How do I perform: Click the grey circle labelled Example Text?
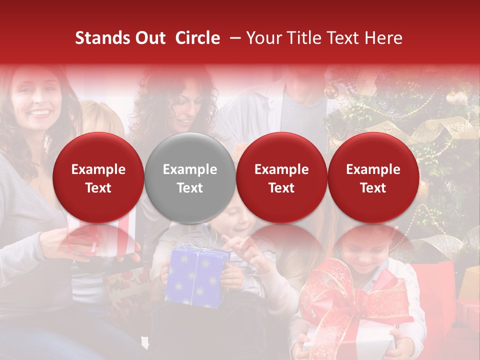coord(189,178)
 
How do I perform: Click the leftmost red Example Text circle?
coord(98,178)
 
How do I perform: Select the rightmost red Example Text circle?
coord(373,178)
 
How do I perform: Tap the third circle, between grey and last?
coord(281,178)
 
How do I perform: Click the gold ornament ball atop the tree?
coord(330,91)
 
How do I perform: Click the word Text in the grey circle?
coord(189,188)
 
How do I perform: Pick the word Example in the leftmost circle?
coord(98,169)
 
